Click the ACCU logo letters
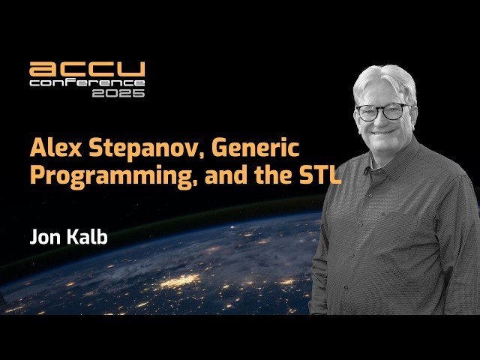point(86,70)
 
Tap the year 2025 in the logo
point(118,93)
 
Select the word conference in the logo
point(86,82)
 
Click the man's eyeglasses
point(382,112)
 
